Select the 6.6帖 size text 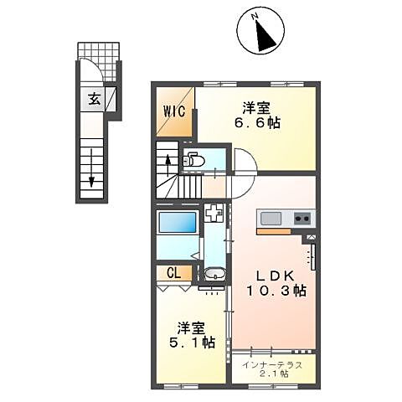258,123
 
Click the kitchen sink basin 273,219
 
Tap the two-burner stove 301,219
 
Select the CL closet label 173,272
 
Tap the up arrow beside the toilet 167,160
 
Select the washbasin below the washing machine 214,273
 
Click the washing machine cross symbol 214,214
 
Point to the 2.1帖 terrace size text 273,374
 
